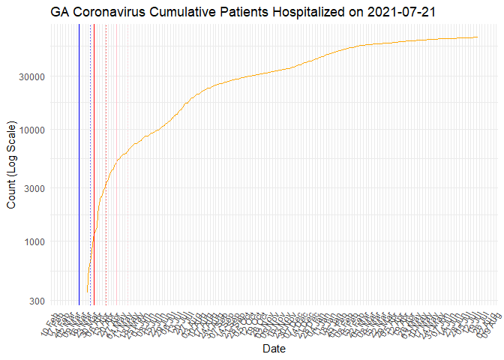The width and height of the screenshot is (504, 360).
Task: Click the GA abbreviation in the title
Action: coord(61,12)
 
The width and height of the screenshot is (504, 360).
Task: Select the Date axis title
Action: coord(274,349)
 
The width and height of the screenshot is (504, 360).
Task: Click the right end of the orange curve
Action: coord(478,37)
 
